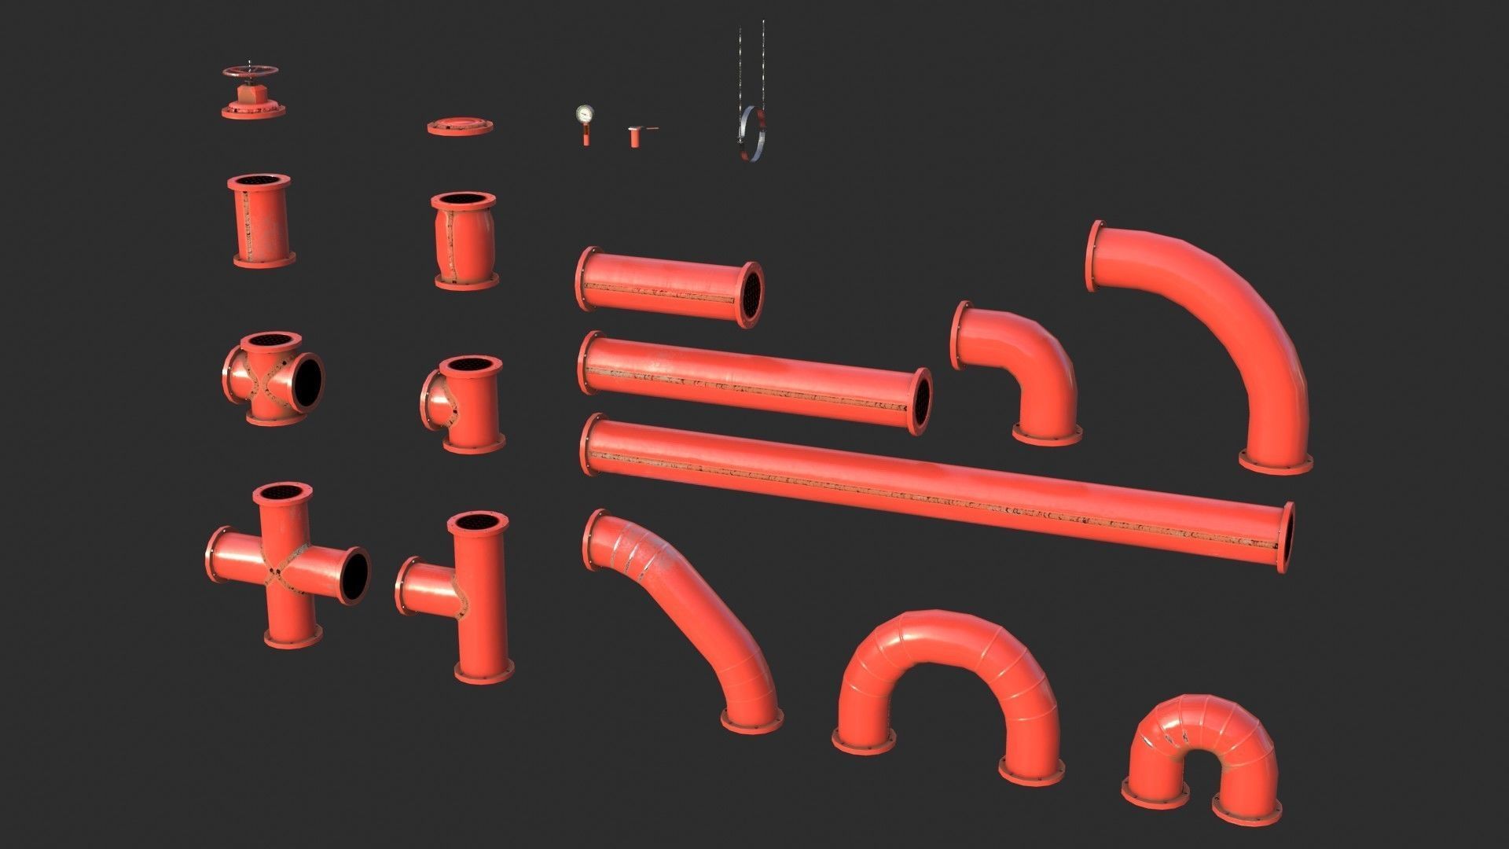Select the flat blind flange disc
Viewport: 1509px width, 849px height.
461,126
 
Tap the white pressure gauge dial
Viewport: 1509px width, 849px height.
584,114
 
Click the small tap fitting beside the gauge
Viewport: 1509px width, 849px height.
635,135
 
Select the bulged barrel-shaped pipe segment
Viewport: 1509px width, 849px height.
464,240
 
